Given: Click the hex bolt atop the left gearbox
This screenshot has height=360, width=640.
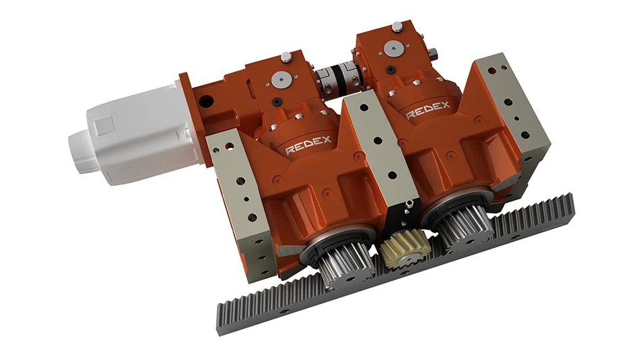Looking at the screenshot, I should pyautogui.click(x=286, y=57).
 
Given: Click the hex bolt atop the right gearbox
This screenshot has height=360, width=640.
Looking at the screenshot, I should pyautogui.click(x=397, y=26).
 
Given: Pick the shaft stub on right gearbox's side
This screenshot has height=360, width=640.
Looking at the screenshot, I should pyautogui.click(x=432, y=52).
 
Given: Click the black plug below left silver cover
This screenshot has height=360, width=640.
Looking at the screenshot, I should pyautogui.click(x=278, y=102).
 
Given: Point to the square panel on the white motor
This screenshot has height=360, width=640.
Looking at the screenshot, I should pyautogui.click(x=105, y=125).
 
